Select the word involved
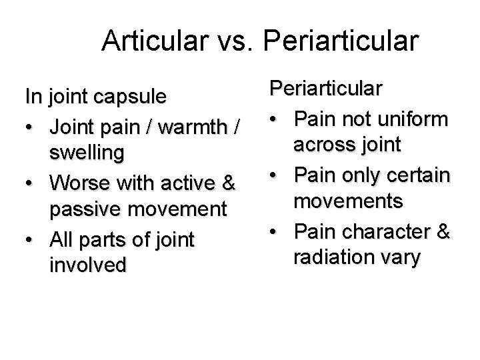[x=87, y=265]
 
